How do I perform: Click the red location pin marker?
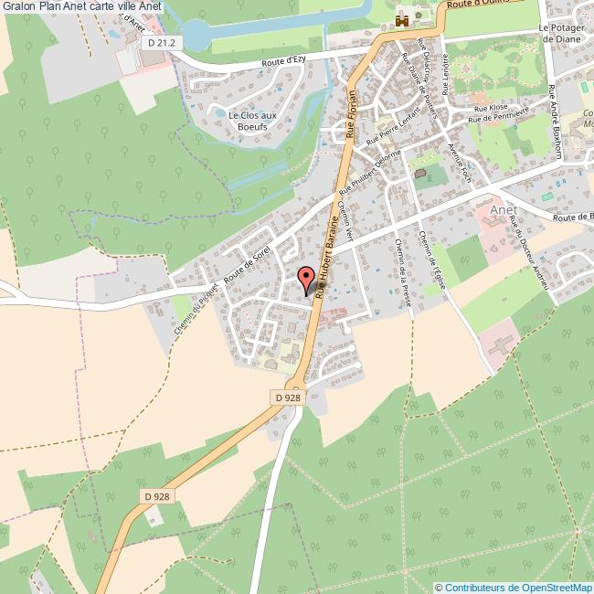click(x=305, y=276)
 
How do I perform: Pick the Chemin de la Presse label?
click(x=403, y=269)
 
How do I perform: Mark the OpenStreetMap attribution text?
click(x=515, y=587)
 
